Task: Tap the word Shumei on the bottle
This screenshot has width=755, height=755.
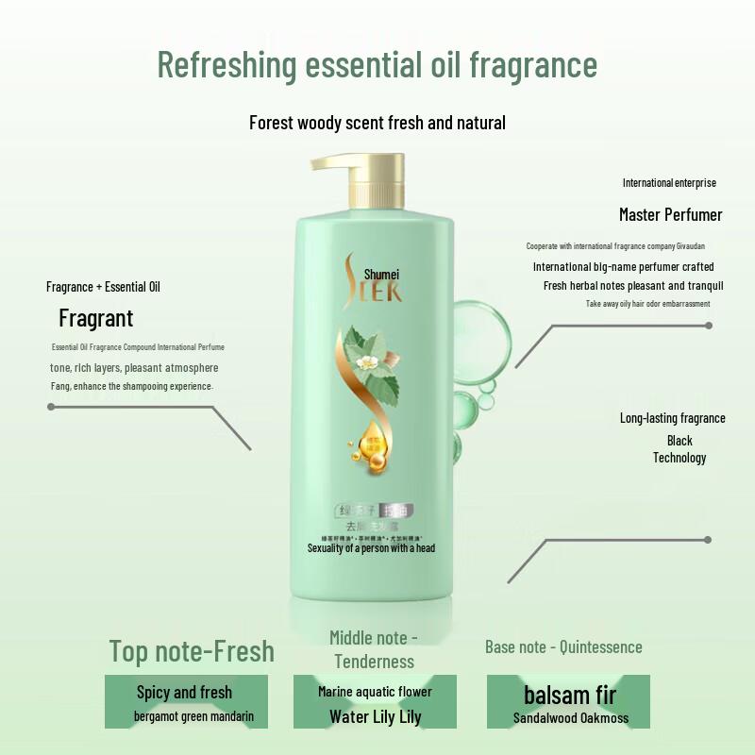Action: point(382,274)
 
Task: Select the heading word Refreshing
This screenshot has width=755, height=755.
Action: point(226,65)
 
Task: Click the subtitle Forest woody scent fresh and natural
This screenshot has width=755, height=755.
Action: point(377,123)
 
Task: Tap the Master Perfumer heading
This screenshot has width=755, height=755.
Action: point(670,214)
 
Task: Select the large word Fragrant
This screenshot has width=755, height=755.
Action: point(95,318)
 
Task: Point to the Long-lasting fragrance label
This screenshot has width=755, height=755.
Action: point(672,418)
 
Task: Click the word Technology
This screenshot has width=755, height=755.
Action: point(679,458)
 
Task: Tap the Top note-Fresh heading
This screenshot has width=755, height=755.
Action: point(192,651)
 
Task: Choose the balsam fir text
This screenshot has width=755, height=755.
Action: point(570,696)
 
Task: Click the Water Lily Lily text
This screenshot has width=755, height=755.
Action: point(375,716)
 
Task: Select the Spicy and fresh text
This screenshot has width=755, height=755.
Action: point(184,693)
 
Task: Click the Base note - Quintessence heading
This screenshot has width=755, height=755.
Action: point(563,646)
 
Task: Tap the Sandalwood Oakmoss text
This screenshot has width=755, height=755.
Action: point(570,718)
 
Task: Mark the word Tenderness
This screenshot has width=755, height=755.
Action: point(375,661)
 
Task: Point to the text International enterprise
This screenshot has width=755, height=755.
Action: point(669,182)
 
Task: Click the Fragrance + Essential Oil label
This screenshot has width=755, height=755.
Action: point(103,286)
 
